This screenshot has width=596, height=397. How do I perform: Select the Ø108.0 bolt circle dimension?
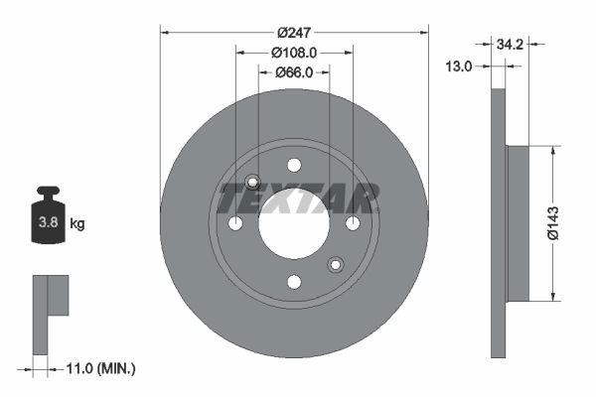[x=294, y=52]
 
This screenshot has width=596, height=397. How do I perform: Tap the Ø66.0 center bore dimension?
[x=294, y=71]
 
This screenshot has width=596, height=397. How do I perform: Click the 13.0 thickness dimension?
[x=460, y=66]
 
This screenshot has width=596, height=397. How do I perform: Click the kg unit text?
[x=77, y=224]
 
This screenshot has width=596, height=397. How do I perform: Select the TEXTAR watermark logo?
[x=298, y=198]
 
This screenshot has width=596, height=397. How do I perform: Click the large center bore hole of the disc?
[x=294, y=223]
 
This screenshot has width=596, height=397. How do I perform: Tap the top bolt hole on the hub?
[x=294, y=165]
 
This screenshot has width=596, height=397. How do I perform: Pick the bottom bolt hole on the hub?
[x=294, y=282]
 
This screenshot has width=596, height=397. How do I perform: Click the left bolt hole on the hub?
[x=235, y=223]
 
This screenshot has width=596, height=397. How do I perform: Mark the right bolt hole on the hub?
[x=353, y=223]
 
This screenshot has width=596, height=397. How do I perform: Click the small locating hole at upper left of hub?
[x=252, y=182]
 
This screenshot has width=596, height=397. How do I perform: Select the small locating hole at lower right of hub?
[x=335, y=264]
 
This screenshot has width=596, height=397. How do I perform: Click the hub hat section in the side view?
[x=518, y=223]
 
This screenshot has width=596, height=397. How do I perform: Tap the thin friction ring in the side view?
[x=498, y=318]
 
